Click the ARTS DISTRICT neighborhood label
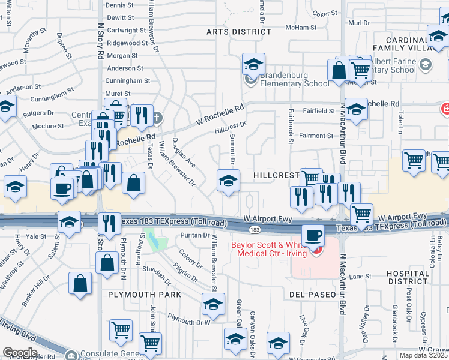(238, 32)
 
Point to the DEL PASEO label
(311, 295)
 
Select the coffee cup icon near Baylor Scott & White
(312, 236)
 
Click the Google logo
(20, 353)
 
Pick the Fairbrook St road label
(290, 126)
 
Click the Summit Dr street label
(232, 149)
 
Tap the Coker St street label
(325, 13)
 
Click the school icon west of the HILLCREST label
(228, 180)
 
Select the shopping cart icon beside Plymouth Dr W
(121, 331)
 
